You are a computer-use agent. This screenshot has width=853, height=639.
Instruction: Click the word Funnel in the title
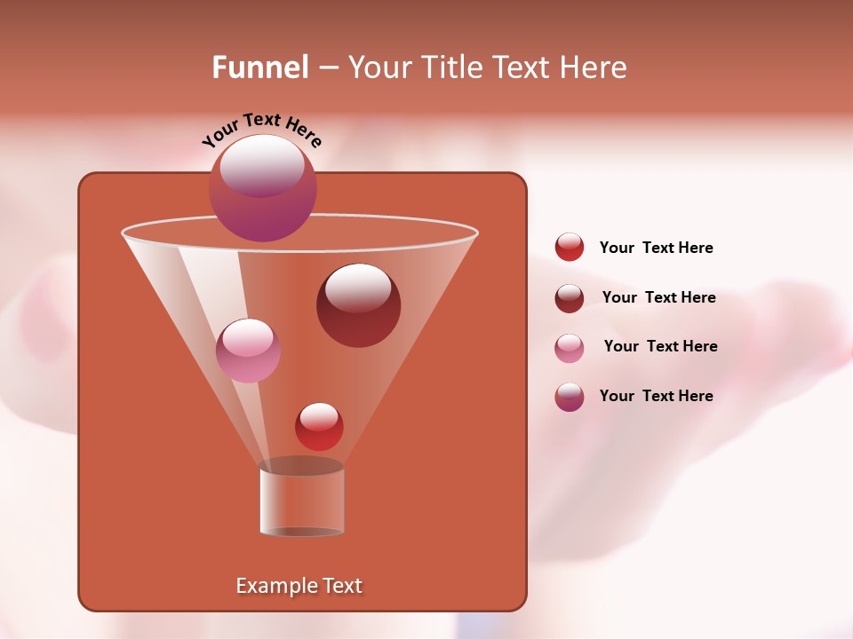[x=259, y=67]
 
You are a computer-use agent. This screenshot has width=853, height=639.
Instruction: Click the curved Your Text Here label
[x=261, y=130]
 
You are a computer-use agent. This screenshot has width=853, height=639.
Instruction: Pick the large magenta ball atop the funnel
[x=263, y=188]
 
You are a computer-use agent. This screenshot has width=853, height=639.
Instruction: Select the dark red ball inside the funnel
[x=358, y=305]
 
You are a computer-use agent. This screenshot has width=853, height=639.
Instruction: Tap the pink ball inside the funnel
[x=248, y=351]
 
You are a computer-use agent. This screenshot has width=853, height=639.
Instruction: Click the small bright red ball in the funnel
[x=319, y=426]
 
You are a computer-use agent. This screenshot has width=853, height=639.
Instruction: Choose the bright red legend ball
[x=570, y=248]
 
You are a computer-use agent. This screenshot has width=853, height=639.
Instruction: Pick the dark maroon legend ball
[x=570, y=298]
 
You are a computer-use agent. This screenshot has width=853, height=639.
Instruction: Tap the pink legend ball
[x=570, y=348]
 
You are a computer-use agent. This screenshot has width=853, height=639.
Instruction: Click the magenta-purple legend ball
[x=570, y=397]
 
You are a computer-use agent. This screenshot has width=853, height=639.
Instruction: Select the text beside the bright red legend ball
[x=656, y=248]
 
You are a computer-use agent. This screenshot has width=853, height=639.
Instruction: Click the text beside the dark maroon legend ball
[x=658, y=297]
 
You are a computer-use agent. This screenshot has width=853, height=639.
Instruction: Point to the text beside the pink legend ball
[x=660, y=346]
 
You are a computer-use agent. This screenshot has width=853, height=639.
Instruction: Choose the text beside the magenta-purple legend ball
[x=656, y=396]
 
